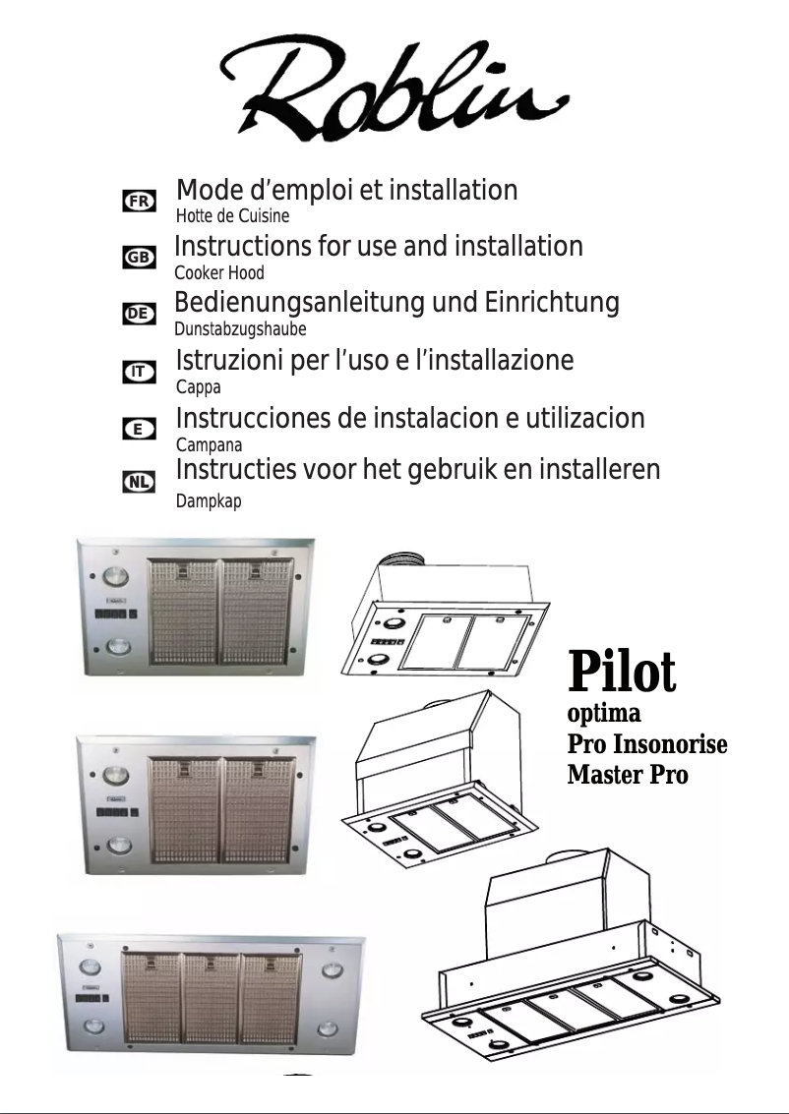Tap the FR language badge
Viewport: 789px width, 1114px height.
[139, 201]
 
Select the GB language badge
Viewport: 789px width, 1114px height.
[139, 257]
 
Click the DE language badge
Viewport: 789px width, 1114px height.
[139, 313]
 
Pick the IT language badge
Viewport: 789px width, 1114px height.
[139, 372]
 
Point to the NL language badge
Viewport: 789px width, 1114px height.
[139, 482]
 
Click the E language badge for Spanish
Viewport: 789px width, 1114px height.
[139, 429]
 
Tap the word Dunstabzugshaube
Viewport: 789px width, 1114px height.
[240, 329]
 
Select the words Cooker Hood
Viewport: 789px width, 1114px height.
[218, 272]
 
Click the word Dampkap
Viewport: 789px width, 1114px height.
[208, 501]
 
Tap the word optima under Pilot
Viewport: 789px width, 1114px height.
[604, 712]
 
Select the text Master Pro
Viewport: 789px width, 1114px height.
[628, 775]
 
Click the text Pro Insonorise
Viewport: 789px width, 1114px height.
[647, 744]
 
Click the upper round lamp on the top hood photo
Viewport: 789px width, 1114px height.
[115, 577]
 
